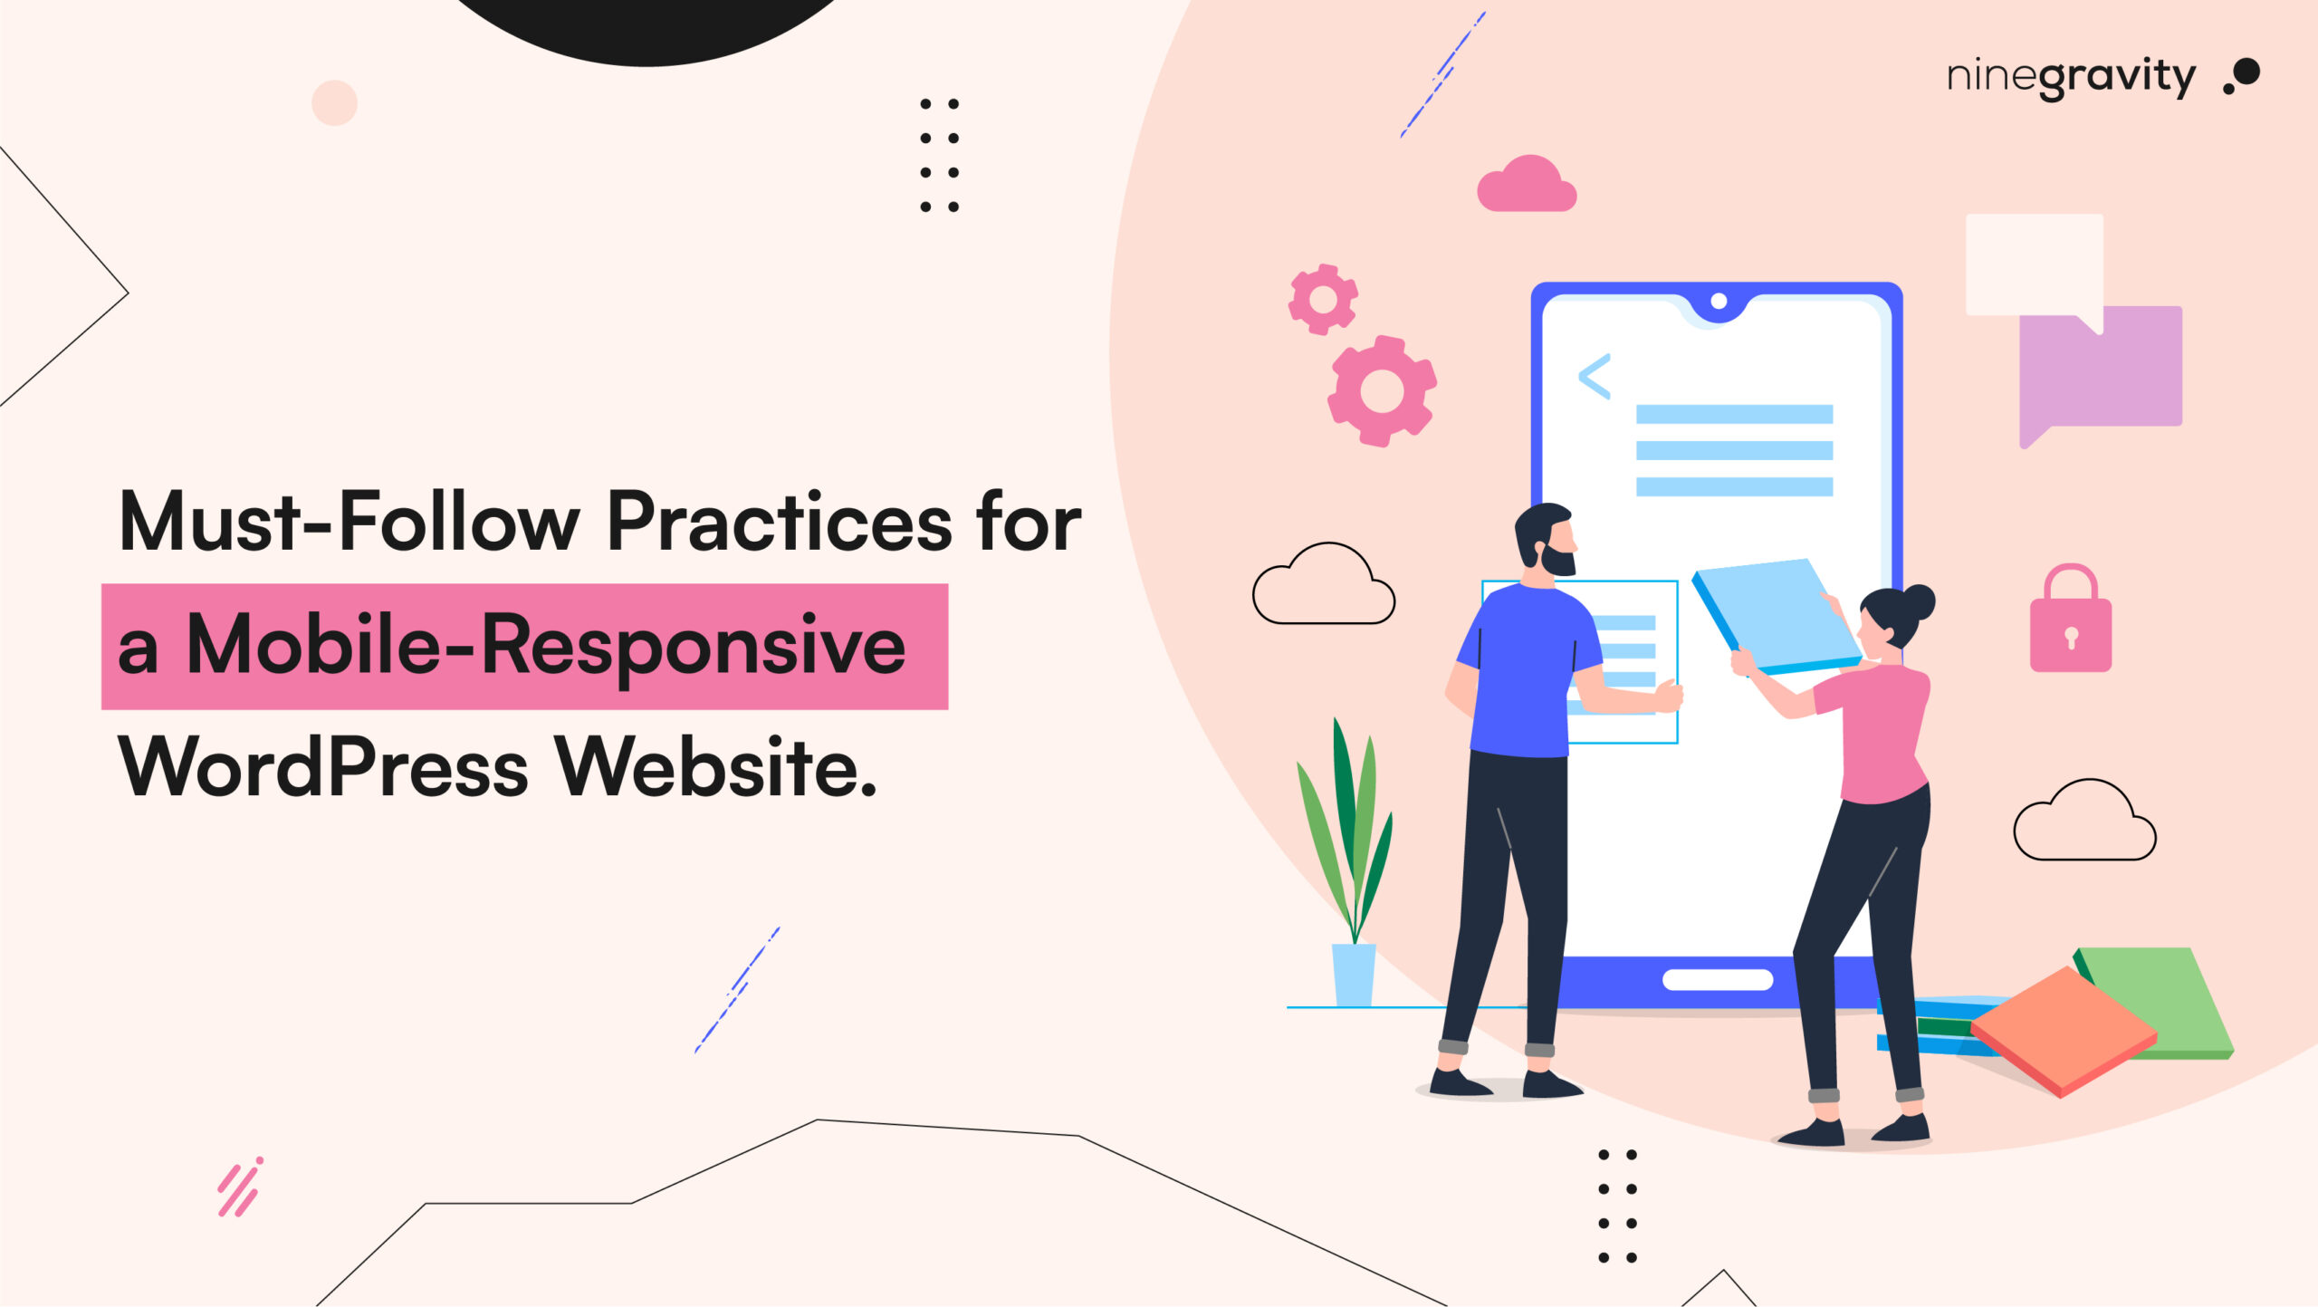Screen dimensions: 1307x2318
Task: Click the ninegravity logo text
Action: [2070, 78]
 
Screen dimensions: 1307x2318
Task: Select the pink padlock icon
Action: [2070, 625]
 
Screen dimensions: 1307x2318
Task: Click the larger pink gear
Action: [1382, 391]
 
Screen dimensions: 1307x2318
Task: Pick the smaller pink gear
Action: [1323, 299]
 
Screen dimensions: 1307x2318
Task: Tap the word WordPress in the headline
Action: [322, 768]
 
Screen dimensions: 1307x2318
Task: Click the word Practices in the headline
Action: [779, 522]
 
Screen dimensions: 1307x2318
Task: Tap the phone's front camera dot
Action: [1719, 302]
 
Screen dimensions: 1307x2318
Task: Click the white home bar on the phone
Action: [1718, 979]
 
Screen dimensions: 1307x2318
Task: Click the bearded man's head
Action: [1547, 539]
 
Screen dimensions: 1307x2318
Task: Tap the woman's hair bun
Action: [1919, 601]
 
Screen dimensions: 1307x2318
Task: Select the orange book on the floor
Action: [2064, 1032]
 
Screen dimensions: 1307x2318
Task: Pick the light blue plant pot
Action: [1354, 974]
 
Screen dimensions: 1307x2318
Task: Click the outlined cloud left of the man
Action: [1323, 589]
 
